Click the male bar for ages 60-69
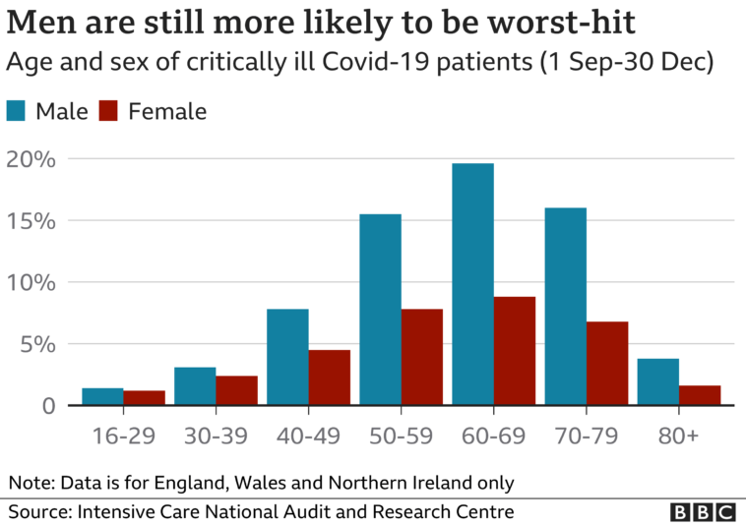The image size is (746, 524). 472,284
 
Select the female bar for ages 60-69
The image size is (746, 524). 515,351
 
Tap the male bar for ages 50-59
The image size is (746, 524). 380,310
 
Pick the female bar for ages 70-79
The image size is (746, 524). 607,363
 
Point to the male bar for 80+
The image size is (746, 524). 658,382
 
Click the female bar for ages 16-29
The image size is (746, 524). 144,398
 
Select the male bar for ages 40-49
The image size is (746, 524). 287,357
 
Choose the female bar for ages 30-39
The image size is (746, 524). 236,390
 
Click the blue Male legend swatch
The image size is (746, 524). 17,111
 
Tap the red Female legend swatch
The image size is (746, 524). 109,111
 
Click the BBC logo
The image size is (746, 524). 703,512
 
